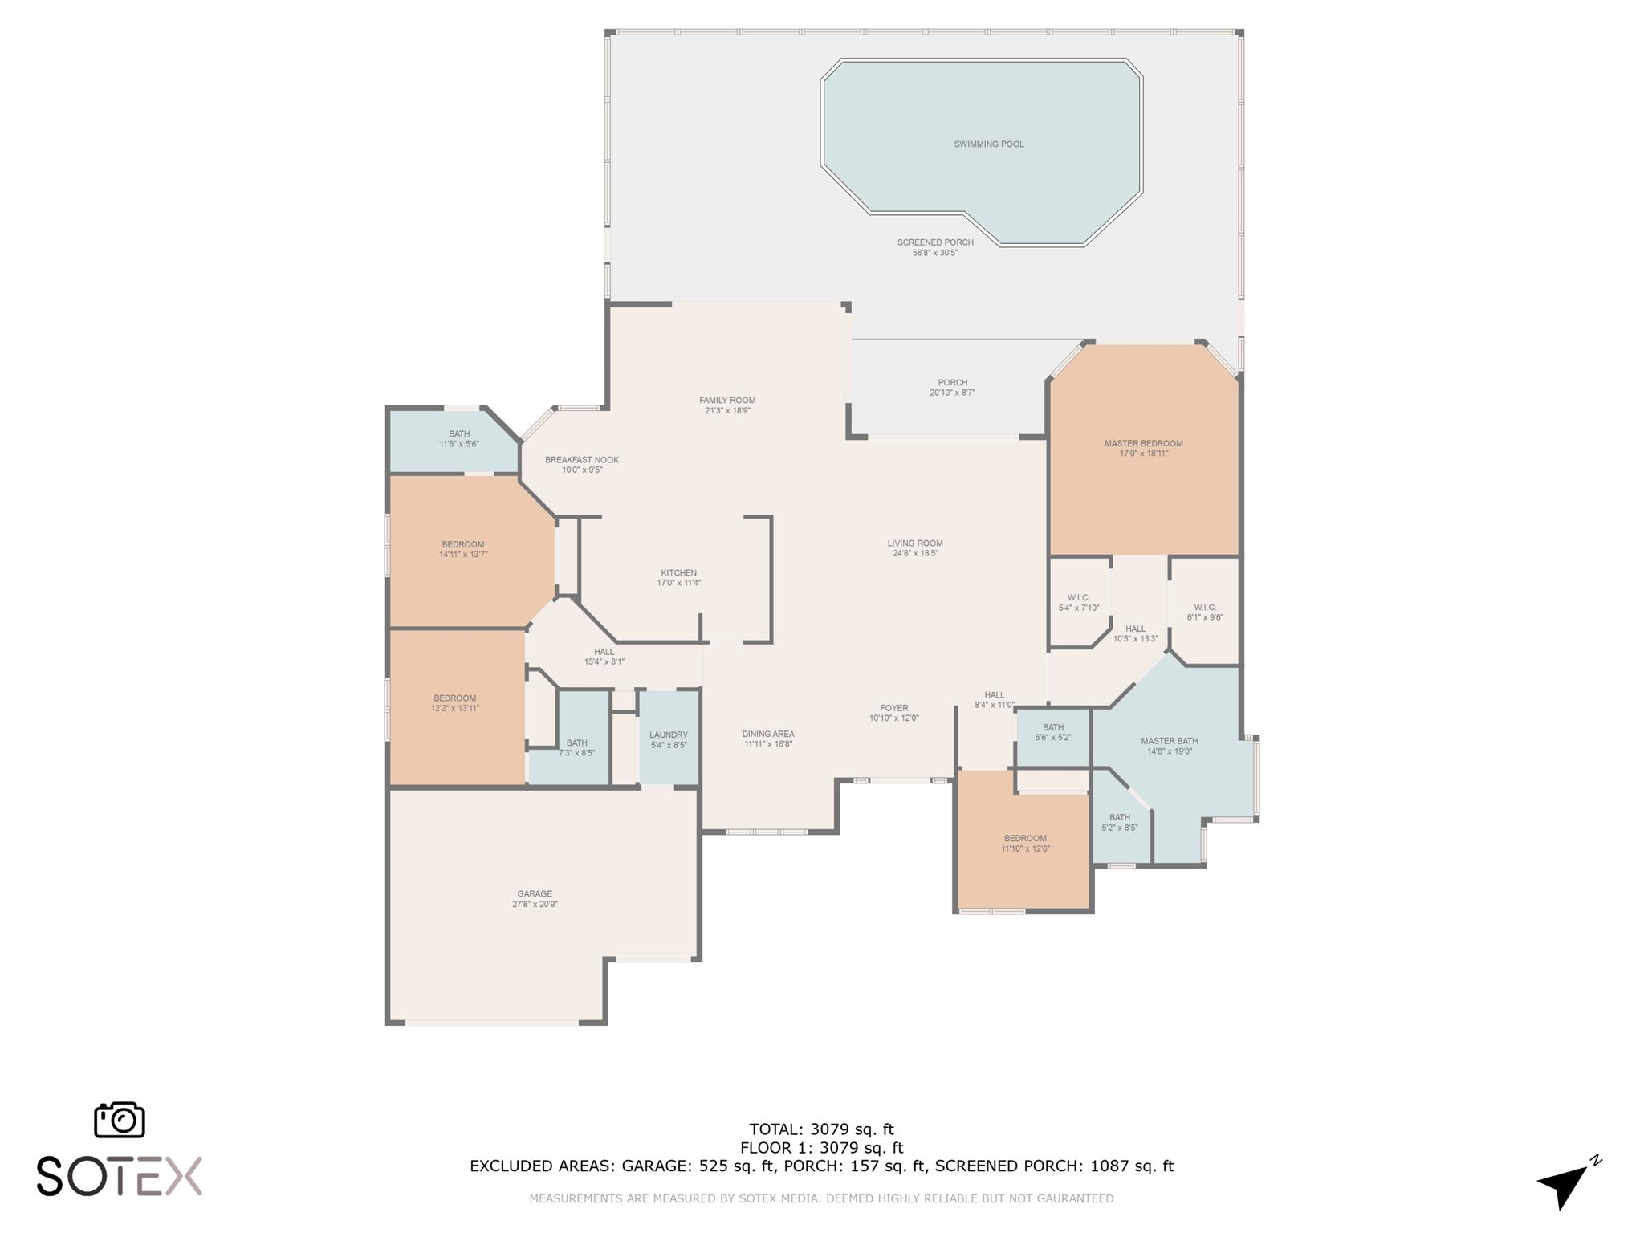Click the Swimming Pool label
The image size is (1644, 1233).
988,144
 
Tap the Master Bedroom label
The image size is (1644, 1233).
1143,443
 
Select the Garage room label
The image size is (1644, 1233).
535,893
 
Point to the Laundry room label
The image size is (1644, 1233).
669,735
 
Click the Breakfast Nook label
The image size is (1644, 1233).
582,460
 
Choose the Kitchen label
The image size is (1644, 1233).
679,573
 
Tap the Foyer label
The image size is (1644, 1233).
893,708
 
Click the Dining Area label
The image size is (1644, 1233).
768,734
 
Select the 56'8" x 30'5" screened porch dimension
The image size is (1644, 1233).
936,253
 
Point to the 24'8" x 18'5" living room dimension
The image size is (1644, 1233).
915,553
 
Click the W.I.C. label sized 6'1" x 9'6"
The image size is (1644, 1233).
1205,607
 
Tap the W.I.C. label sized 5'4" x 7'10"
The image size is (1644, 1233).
1079,597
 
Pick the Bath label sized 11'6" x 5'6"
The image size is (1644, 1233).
459,434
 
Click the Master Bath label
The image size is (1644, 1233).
1170,741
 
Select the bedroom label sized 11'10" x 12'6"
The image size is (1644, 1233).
1025,838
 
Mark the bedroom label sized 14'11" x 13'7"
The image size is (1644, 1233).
463,544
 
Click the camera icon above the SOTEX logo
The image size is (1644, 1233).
120,1119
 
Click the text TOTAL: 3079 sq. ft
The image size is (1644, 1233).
821,1130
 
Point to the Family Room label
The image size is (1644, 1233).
727,401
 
